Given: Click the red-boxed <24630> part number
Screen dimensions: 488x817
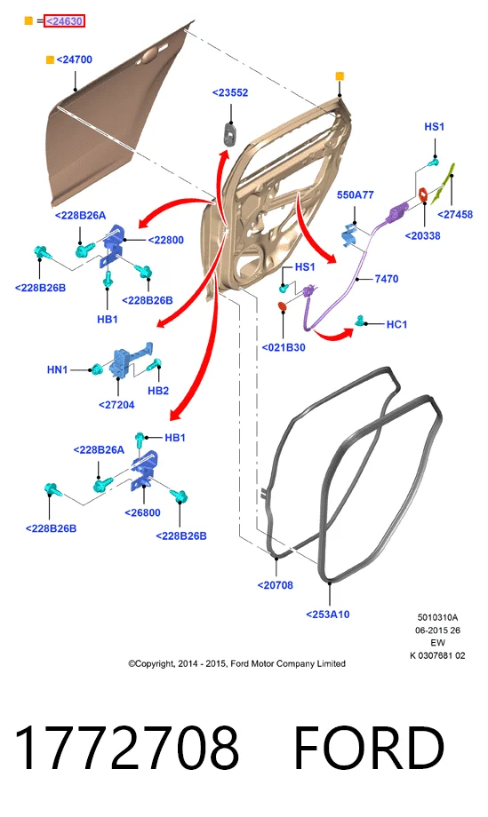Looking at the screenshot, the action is coord(64,20).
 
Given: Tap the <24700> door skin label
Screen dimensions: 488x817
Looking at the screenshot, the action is coord(74,59).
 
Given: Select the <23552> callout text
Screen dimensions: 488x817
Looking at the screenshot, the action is coord(230,92).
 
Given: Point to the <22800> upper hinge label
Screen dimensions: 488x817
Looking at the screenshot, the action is coord(166,240).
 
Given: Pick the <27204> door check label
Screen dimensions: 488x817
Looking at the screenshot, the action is coord(116,404).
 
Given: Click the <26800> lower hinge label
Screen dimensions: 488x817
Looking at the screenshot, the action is coord(142,512).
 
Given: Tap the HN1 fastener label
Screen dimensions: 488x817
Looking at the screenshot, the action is coord(58,369).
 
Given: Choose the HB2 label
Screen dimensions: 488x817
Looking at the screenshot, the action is coord(158,390).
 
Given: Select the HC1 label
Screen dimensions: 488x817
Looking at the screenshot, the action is coord(396,325).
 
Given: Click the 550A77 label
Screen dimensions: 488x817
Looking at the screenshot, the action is coord(355,194).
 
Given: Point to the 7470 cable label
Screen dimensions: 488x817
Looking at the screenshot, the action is coord(387,279).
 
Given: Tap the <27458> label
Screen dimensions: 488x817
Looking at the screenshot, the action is coord(455,214).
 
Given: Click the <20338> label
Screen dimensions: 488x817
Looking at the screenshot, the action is coord(422,235).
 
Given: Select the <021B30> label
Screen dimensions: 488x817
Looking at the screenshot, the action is coord(283,347).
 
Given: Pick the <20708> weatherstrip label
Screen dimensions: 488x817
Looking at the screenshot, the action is coord(275,585).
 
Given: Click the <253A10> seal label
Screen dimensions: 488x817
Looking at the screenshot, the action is coord(327,615).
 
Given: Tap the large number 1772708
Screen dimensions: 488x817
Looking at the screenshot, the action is coord(127,749).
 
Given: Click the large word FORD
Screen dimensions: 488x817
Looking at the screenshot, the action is coord(369,749).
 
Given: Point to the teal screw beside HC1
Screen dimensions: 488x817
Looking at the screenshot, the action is coord(360,321).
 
